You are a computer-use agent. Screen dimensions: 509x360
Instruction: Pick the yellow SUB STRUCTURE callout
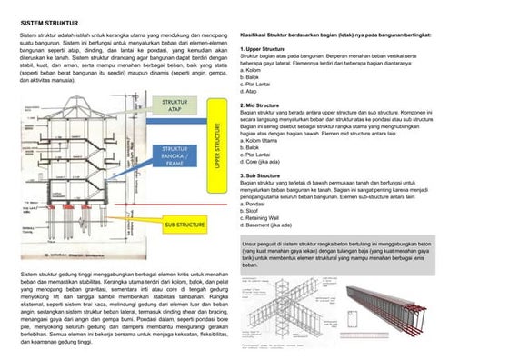pos(185,223)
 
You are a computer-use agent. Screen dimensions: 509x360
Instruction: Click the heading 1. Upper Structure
pos(264,48)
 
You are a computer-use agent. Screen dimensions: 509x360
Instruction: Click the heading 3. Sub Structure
pos(262,175)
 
